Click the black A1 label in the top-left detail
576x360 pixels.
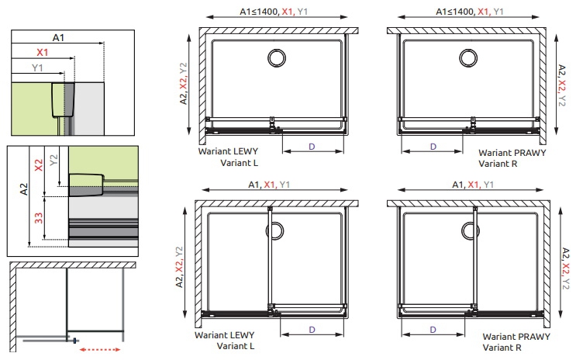(x=58, y=37)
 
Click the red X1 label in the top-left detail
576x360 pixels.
(x=42, y=53)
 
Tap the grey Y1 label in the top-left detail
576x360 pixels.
(x=37, y=67)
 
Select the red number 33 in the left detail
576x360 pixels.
(x=39, y=219)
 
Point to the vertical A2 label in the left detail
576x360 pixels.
(x=24, y=189)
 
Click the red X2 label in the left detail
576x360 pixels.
(x=39, y=165)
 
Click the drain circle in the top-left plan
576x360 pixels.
(x=277, y=58)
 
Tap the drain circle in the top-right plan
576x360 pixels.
(x=468, y=58)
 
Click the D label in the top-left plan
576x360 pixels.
(x=312, y=147)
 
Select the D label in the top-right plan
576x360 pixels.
(x=433, y=147)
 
